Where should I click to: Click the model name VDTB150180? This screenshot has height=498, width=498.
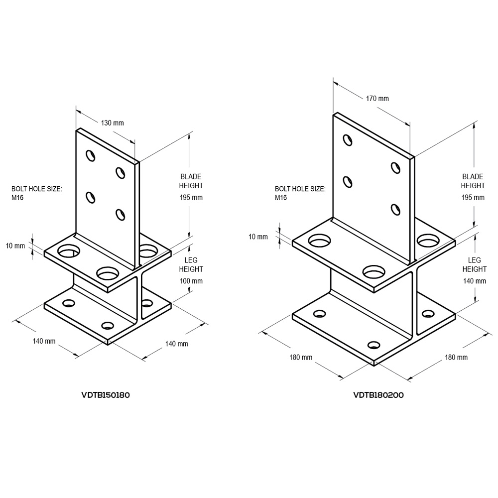(x=106, y=395)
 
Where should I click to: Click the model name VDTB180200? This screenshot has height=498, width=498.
(x=378, y=395)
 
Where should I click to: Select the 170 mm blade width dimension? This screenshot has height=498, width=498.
(x=377, y=99)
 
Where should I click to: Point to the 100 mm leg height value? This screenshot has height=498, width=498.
(x=191, y=281)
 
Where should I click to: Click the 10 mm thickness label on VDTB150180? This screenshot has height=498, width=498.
(x=16, y=246)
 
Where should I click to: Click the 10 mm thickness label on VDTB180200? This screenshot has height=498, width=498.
(x=258, y=236)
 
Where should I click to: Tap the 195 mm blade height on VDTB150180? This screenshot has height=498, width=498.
(x=191, y=197)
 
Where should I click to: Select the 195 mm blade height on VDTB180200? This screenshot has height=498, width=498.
(x=473, y=197)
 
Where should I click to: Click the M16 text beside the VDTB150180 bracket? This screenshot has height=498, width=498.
(x=18, y=198)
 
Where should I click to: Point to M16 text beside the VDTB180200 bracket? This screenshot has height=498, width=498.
(x=281, y=198)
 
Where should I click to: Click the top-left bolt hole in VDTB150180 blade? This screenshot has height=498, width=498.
(x=90, y=155)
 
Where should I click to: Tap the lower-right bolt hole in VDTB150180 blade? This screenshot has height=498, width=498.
(x=120, y=214)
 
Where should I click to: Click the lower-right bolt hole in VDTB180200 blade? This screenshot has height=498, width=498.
(x=396, y=209)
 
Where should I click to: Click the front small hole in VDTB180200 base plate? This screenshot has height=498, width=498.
(x=373, y=345)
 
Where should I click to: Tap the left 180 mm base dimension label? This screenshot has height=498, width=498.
(x=301, y=357)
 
